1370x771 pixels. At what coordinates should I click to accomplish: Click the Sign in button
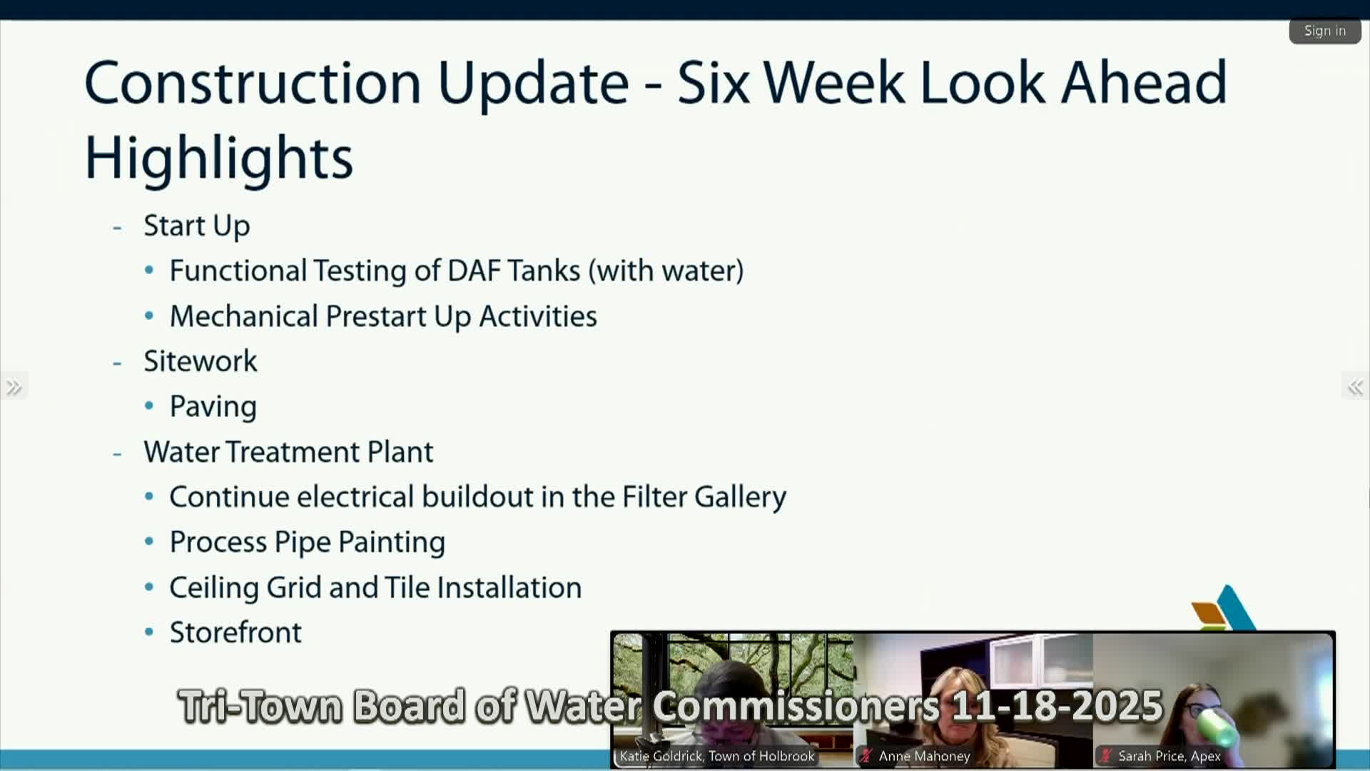tap(1325, 31)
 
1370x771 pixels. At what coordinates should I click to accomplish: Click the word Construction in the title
tap(253, 83)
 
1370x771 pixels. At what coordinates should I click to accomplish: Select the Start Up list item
tap(197, 226)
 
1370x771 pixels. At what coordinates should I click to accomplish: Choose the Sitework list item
tap(201, 361)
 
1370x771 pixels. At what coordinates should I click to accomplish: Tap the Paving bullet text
tap(213, 407)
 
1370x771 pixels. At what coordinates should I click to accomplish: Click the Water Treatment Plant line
tap(288, 452)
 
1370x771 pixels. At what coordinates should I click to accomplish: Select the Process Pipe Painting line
tap(308, 543)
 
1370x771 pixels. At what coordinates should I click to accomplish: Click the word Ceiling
tap(214, 588)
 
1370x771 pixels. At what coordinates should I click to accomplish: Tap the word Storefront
tap(235, 633)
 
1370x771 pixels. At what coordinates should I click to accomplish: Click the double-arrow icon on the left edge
tap(14, 386)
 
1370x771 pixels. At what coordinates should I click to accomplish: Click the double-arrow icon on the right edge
tap(1356, 387)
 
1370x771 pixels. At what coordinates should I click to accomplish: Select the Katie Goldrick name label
tap(717, 756)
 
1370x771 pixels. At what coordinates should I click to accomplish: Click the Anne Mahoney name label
tap(924, 756)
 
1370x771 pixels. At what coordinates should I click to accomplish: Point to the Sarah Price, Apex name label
tap(1169, 756)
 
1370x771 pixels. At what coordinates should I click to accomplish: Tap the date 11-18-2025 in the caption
tap(1057, 706)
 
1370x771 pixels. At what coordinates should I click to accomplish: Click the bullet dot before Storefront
tap(149, 632)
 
